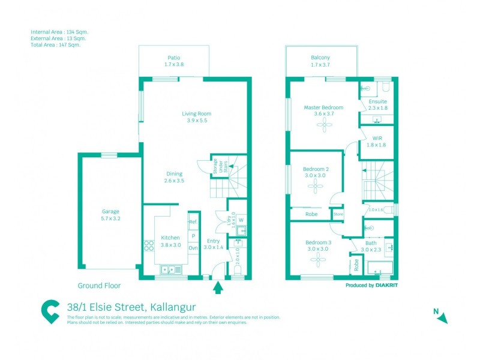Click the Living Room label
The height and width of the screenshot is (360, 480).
pos(197,113)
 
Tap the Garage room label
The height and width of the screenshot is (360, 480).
pos(110,211)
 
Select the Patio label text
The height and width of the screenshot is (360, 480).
pos(174,58)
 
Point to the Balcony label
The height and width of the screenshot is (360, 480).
pos(320,58)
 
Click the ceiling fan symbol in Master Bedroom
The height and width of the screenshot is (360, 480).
pos(325,125)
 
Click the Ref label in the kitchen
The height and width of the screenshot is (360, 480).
pos(193,222)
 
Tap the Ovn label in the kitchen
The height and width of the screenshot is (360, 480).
pos(193,247)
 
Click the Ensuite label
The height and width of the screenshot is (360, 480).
pos(378,101)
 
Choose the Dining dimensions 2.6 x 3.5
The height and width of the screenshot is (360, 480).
pos(175,181)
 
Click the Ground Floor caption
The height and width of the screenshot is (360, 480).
pos(99,286)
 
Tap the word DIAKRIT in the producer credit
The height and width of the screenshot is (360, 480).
pos(387,286)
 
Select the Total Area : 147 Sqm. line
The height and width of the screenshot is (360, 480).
pos(55,44)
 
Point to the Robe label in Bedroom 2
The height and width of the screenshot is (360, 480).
pos(311,214)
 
